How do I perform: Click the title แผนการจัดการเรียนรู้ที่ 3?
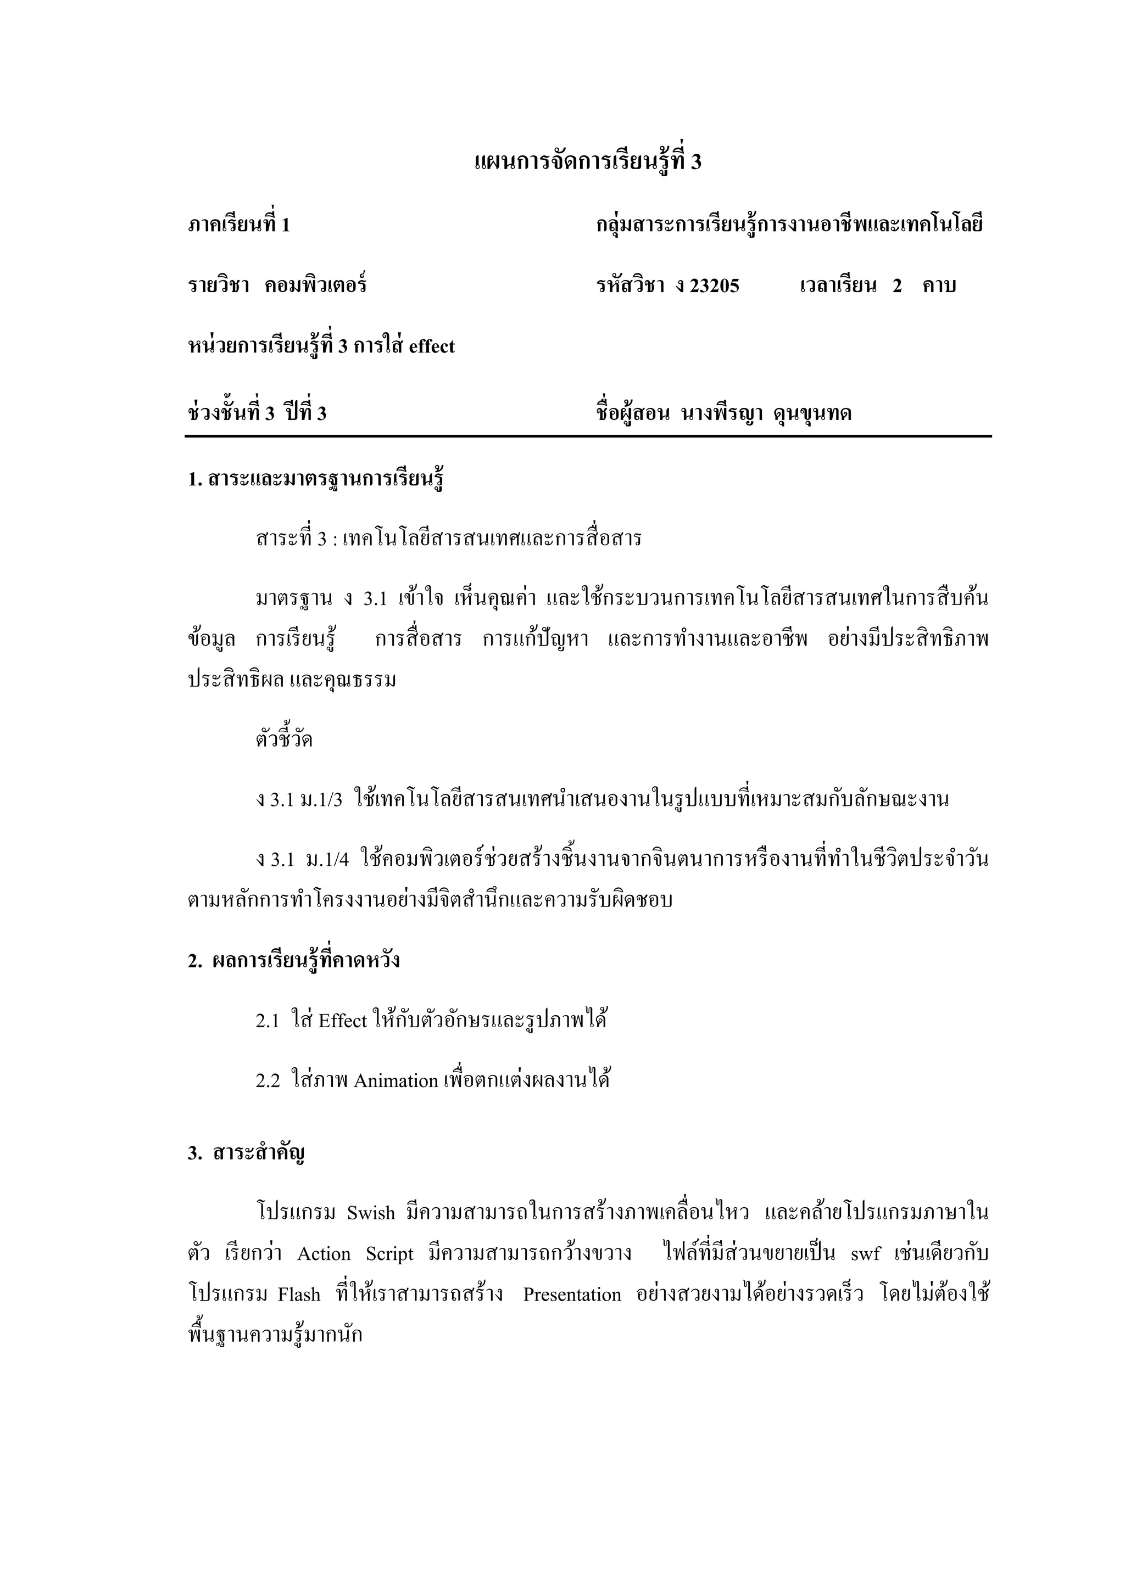coord(588,162)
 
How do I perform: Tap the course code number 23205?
coord(714,285)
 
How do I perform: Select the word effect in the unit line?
coord(431,346)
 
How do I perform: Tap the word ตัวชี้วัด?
coord(284,740)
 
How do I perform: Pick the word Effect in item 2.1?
coord(342,1021)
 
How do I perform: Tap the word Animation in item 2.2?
coord(396,1081)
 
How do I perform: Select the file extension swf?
coord(865,1254)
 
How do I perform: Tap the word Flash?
coord(299,1295)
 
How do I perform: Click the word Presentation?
coord(572,1295)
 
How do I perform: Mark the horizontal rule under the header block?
coord(588,436)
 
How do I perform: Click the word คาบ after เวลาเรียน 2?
coord(939,285)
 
